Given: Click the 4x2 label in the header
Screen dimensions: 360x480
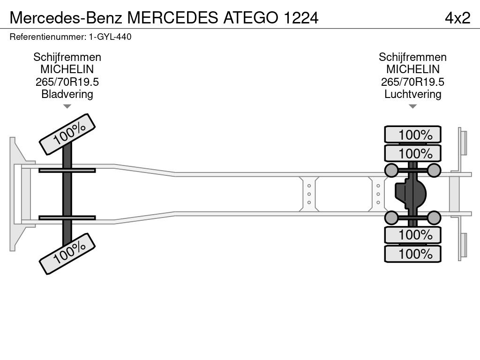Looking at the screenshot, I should point(457,17).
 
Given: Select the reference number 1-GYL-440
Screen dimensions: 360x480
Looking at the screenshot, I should point(107,37).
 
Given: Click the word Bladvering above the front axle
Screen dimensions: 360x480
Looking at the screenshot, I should point(67,94).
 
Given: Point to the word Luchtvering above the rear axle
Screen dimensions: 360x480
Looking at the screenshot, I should point(412,94).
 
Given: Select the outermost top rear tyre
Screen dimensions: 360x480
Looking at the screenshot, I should point(413,135).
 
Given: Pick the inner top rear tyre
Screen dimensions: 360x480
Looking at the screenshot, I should point(413,153).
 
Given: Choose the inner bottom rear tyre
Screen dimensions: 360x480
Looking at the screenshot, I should point(413,235).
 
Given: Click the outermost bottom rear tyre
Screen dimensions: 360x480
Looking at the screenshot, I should point(413,254).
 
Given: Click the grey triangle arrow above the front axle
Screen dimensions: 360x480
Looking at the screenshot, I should point(67,106).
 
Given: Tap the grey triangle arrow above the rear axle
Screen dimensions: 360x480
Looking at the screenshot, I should point(412,106).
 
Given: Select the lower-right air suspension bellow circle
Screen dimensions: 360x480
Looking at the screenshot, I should point(434,217).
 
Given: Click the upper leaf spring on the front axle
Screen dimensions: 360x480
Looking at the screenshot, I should point(67,170).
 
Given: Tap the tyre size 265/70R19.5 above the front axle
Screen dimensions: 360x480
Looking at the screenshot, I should point(67,82).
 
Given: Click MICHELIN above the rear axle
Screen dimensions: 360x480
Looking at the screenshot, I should point(412,69).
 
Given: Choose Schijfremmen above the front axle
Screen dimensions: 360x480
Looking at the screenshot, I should point(67,57).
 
